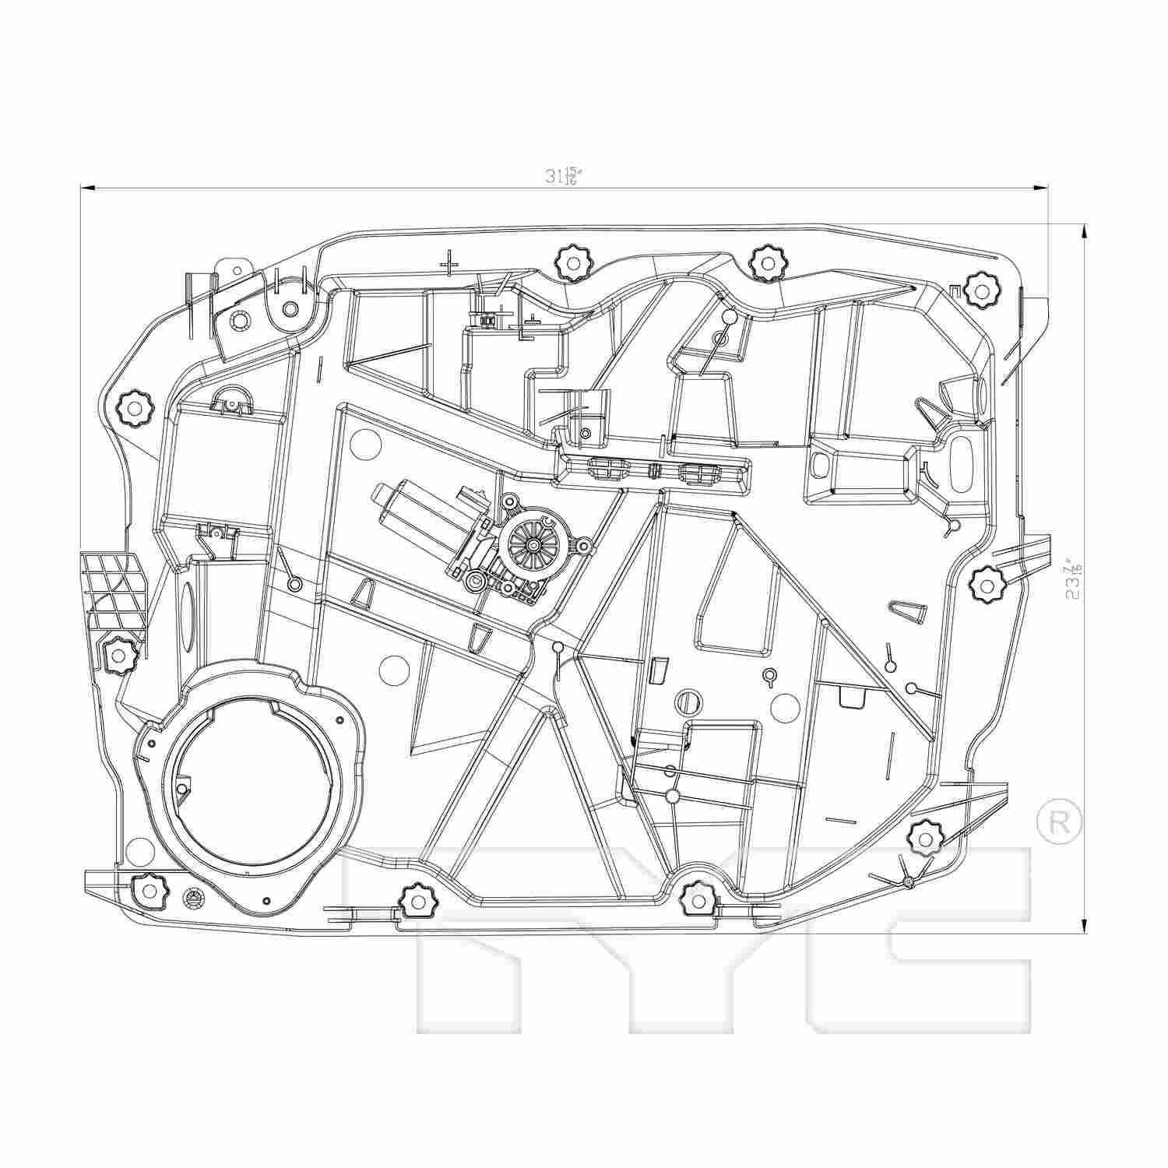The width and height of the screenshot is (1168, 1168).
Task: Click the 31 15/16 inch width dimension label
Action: tap(564, 177)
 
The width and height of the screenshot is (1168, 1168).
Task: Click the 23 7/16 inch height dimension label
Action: tap(1075, 577)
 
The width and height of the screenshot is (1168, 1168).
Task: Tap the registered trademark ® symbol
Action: tap(1060, 820)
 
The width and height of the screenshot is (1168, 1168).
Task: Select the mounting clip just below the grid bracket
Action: tap(118, 654)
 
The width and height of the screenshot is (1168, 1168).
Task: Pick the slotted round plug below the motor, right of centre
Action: tap(687, 700)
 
